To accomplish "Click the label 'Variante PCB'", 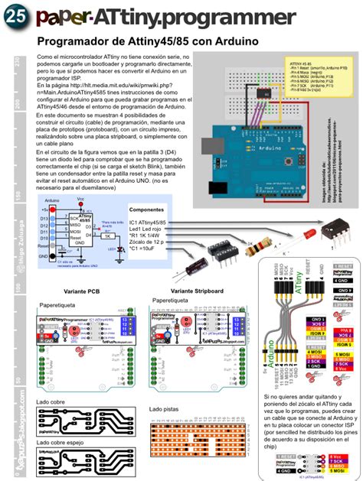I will [82, 291].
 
